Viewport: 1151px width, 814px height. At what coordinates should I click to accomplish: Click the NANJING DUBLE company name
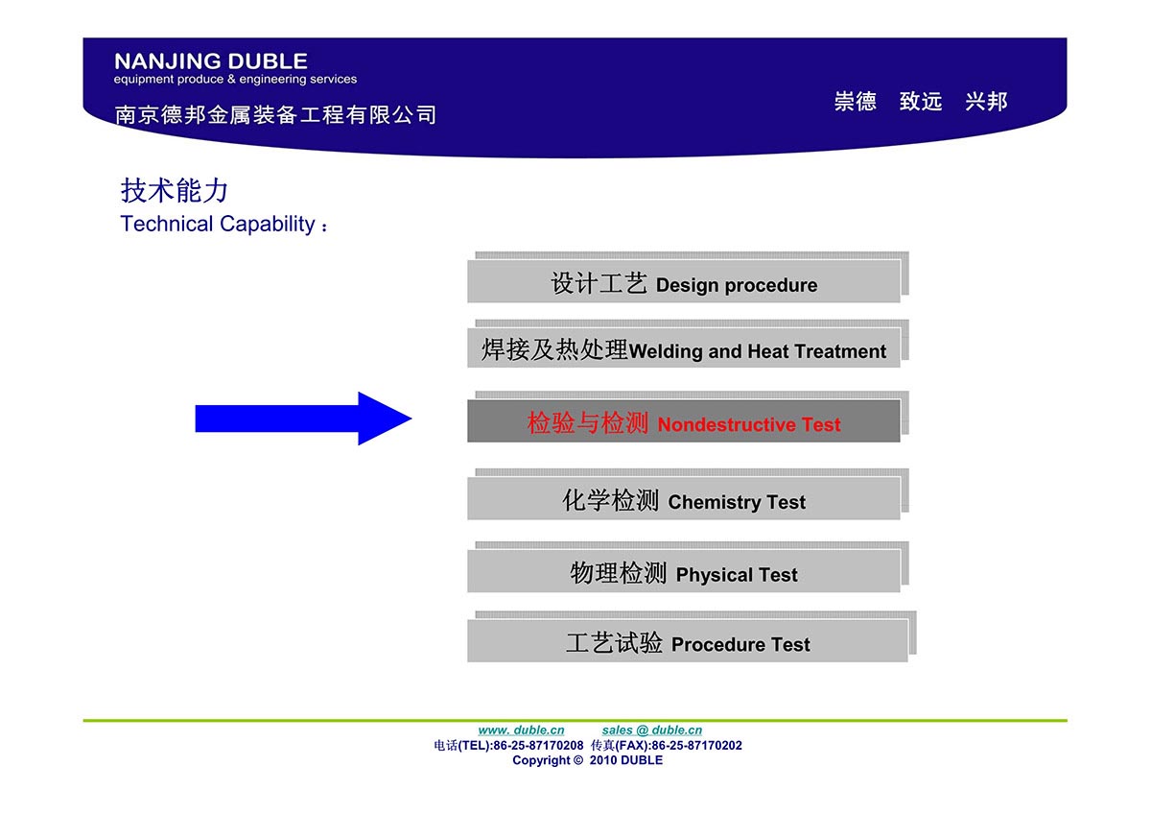click(211, 61)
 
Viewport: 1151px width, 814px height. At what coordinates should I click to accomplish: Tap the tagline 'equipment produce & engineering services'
click(235, 79)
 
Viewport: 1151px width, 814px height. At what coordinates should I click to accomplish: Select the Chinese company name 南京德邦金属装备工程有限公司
click(275, 114)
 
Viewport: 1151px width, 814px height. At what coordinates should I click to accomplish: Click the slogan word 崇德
click(855, 101)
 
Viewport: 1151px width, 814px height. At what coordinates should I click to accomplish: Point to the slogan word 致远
click(921, 101)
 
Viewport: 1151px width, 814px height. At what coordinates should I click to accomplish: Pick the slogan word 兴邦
click(986, 101)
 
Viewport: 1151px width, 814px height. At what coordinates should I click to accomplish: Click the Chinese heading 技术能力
click(175, 190)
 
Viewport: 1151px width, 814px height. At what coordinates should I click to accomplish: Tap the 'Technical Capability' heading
click(218, 224)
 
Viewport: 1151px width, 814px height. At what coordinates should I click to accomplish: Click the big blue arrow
click(303, 419)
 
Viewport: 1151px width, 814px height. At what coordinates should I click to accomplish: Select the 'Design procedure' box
click(683, 281)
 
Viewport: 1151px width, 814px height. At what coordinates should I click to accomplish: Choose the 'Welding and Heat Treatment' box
click(683, 348)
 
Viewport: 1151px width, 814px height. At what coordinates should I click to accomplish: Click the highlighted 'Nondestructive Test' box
click(683, 421)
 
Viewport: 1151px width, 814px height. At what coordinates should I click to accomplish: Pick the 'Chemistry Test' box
click(683, 498)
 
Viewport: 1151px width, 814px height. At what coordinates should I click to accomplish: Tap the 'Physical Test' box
click(683, 571)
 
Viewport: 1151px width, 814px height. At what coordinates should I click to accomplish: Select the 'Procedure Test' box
click(688, 640)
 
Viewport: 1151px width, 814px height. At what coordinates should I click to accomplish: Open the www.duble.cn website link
click(521, 730)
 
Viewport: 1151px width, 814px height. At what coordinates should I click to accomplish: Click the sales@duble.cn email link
click(651, 730)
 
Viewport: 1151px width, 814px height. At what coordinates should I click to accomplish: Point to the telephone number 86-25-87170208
click(538, 745)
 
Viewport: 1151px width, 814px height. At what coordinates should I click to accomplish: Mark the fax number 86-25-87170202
click(696, 745)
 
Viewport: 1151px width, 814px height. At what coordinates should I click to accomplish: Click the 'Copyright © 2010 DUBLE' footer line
click(587, 760)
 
